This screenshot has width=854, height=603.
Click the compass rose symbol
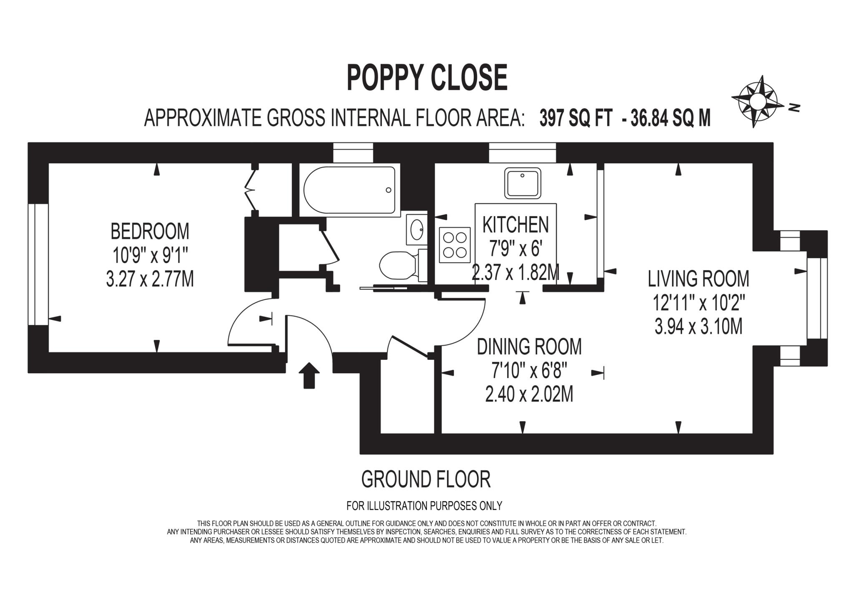tap(756, 101)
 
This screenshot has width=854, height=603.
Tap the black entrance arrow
tap(309, 375)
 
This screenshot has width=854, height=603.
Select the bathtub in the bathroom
tap(349, 190)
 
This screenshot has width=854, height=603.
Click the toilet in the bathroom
tap(398, 265)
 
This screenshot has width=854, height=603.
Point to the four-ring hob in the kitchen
tap(455, 245)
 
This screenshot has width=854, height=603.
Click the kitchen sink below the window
tap(522, 183)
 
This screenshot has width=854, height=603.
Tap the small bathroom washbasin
tap(417, 229)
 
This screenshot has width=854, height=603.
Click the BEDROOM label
tap(150, 231)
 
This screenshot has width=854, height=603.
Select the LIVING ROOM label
tap(698, 279)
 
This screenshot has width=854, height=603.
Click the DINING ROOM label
tap(529, 347)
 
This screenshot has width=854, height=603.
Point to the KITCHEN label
tap(515, 225)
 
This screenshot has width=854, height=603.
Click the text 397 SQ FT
tap(576, 118)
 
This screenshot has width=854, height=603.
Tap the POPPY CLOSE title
tap(427, 78)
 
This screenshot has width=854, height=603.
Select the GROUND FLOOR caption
tap(426, 480)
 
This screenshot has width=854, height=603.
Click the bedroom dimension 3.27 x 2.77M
tap(150, 279)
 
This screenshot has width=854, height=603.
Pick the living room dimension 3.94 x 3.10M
tap(698, 327)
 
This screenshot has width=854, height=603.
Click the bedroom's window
tap(38, 264)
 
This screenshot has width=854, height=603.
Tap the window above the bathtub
tap(353, 153)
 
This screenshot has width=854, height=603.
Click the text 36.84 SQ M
tap(671, 118)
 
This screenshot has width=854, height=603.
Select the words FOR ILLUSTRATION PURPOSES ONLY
tap(424, 506)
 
